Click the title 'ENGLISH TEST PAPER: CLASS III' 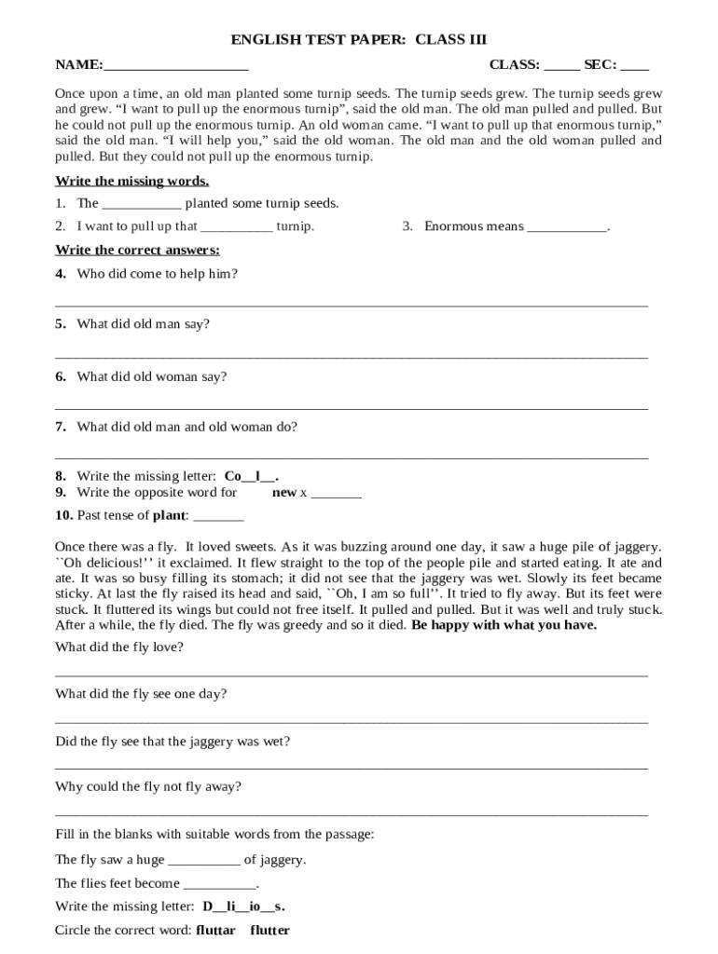click(x=359, y=40)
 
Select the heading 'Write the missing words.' click(x=131, y=181)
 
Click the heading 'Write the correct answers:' click(x=137, y=250)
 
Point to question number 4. click(x=61, y=274)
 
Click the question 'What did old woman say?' click(x=151, y=376)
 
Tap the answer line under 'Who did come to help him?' click(x=352, y=305)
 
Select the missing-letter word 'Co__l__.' click(x=252, y=476)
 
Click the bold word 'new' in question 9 click(x=283, y=492)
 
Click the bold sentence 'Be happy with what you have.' click(x=504, y=625)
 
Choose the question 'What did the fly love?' click(x=119, y=647)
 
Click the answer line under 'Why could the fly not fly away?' click(x=352, y=815)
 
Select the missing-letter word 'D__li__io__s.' click(x=243, y=906)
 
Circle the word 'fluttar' click(x=215, y=930)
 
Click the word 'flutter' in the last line click(x=269, y=930)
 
